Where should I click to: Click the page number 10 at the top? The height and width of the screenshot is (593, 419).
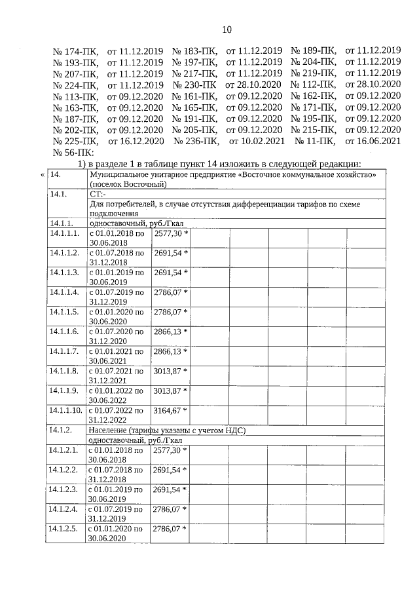[227, 29]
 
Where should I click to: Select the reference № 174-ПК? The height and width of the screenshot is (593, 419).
[75, 50]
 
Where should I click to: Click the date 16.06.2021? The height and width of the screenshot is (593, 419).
[373, 141]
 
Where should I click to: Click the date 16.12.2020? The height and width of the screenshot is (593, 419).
[136, 141]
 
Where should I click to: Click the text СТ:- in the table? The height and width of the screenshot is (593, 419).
[97, 195]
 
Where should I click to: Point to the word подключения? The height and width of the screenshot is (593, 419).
[113, 214]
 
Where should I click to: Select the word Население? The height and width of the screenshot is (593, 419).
[109, 430]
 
